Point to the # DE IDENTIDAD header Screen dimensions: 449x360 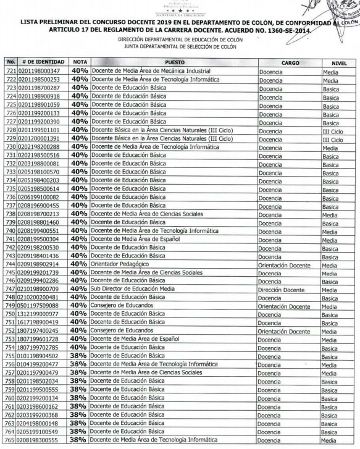tap(39, 62)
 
